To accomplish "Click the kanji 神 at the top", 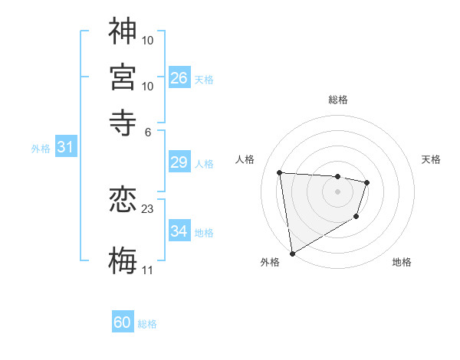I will click(123, 31).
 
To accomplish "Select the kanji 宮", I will click(123, 77).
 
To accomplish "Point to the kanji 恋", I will click(123, 201).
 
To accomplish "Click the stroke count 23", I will click(148, 208).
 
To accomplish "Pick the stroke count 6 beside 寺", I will click(148, 131).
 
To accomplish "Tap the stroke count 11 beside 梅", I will click(147, 270).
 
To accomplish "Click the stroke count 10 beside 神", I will click(148, 40).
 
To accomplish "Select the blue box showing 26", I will click(179, 78).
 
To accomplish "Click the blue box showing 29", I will click(179, 162).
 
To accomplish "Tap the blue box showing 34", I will click(179, 231).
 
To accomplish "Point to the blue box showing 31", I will click(65, 147).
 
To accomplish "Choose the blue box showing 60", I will click(123, 322).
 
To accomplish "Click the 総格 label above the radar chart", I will click(338, 100).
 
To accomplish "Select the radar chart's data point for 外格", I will click(292, 253).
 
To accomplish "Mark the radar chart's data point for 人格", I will click(280, 173).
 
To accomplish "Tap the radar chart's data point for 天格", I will click(367, 182).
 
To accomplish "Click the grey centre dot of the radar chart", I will click(337, 191).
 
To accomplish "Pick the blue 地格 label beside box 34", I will click(204, 232).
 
